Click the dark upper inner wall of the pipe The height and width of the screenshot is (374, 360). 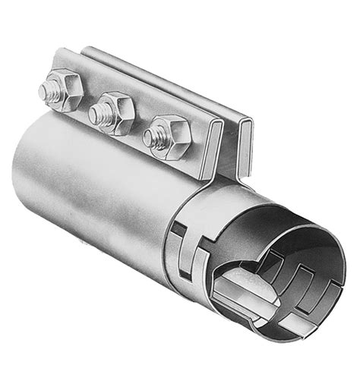click(281, 228)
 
